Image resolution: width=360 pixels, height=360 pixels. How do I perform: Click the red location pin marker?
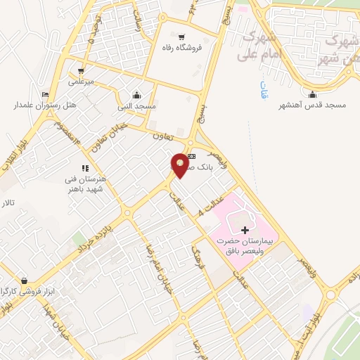click(x=180, y=164)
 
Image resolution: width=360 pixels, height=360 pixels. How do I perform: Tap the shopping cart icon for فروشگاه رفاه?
click(x=182, y=37)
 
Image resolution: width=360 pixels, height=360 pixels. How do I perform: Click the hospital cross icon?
click(x=245, y=230)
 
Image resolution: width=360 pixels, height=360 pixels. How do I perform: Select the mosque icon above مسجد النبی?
click(x=136, y=95)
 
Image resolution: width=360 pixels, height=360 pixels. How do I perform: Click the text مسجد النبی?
click(x=139, y=105)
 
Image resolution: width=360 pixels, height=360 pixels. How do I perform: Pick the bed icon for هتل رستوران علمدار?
click(x=46, y=95)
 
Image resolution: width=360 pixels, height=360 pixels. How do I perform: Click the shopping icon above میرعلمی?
click(x=82, y=70)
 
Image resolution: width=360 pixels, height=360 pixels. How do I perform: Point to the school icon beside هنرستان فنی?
click(x=85, y=168)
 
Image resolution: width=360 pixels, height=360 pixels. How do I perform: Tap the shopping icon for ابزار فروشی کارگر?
click(x=25, y=281)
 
